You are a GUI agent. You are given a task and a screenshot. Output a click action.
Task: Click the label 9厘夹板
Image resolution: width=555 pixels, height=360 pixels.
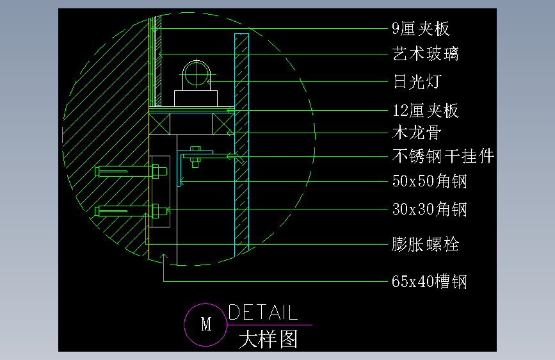click(x=421, y=28)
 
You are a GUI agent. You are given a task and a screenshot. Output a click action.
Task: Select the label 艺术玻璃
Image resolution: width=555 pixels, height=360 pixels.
click(x=425, y=54)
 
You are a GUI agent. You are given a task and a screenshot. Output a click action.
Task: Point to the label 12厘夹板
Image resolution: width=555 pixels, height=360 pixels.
click(x=425, y=111)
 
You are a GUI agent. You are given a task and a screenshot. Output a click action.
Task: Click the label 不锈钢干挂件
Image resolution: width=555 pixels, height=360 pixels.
click(x=442, y=156)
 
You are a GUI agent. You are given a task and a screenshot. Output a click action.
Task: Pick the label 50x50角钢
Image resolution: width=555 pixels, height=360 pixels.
click(x=429, y=181)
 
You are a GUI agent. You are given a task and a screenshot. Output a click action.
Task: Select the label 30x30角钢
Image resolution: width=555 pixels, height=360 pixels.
click(x=429, y=209)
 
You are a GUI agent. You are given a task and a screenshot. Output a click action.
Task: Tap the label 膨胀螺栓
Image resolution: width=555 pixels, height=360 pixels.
click(x=425, y=244)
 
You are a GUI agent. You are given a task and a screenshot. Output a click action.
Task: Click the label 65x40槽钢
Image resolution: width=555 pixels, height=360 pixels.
click(x=429, y=281)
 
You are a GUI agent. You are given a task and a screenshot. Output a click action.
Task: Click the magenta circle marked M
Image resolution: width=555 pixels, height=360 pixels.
click(x=205, y=324)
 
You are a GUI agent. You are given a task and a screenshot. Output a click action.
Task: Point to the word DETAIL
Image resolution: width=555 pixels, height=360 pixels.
click(x=263, y=313)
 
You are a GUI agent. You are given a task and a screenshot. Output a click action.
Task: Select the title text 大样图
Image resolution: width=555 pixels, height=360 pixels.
click(x=268, y=338)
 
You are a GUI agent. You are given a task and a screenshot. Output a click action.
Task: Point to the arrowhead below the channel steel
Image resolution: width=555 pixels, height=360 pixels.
click(x=164, y=258)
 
